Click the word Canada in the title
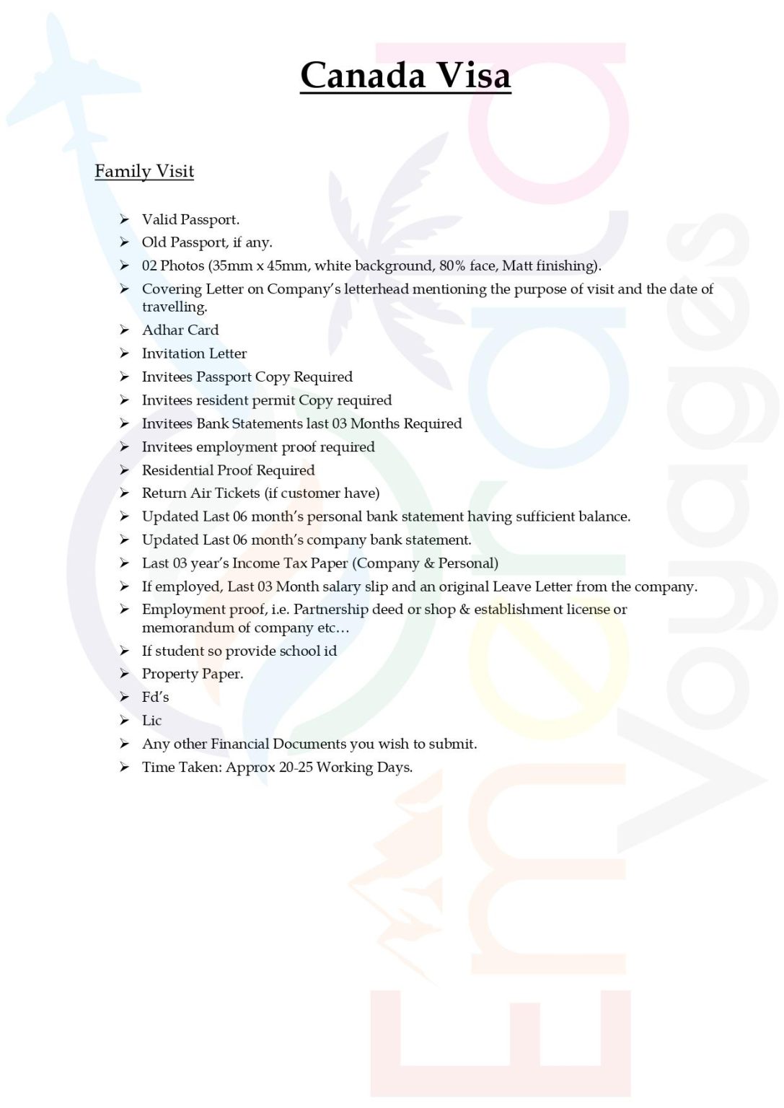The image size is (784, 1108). [363, 75]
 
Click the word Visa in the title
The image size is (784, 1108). [474, 75]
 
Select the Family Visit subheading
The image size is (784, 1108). [144, 171]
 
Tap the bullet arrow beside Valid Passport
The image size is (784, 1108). [125, 219]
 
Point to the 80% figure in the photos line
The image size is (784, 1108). [452, 265]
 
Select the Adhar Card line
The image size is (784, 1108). [180, 330]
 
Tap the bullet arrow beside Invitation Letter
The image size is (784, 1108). [125, 353]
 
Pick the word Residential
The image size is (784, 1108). [177, 470]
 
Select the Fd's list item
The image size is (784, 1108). [155, 697]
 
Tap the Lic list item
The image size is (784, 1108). [151, 720]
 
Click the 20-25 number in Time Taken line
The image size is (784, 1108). [296, 767]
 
